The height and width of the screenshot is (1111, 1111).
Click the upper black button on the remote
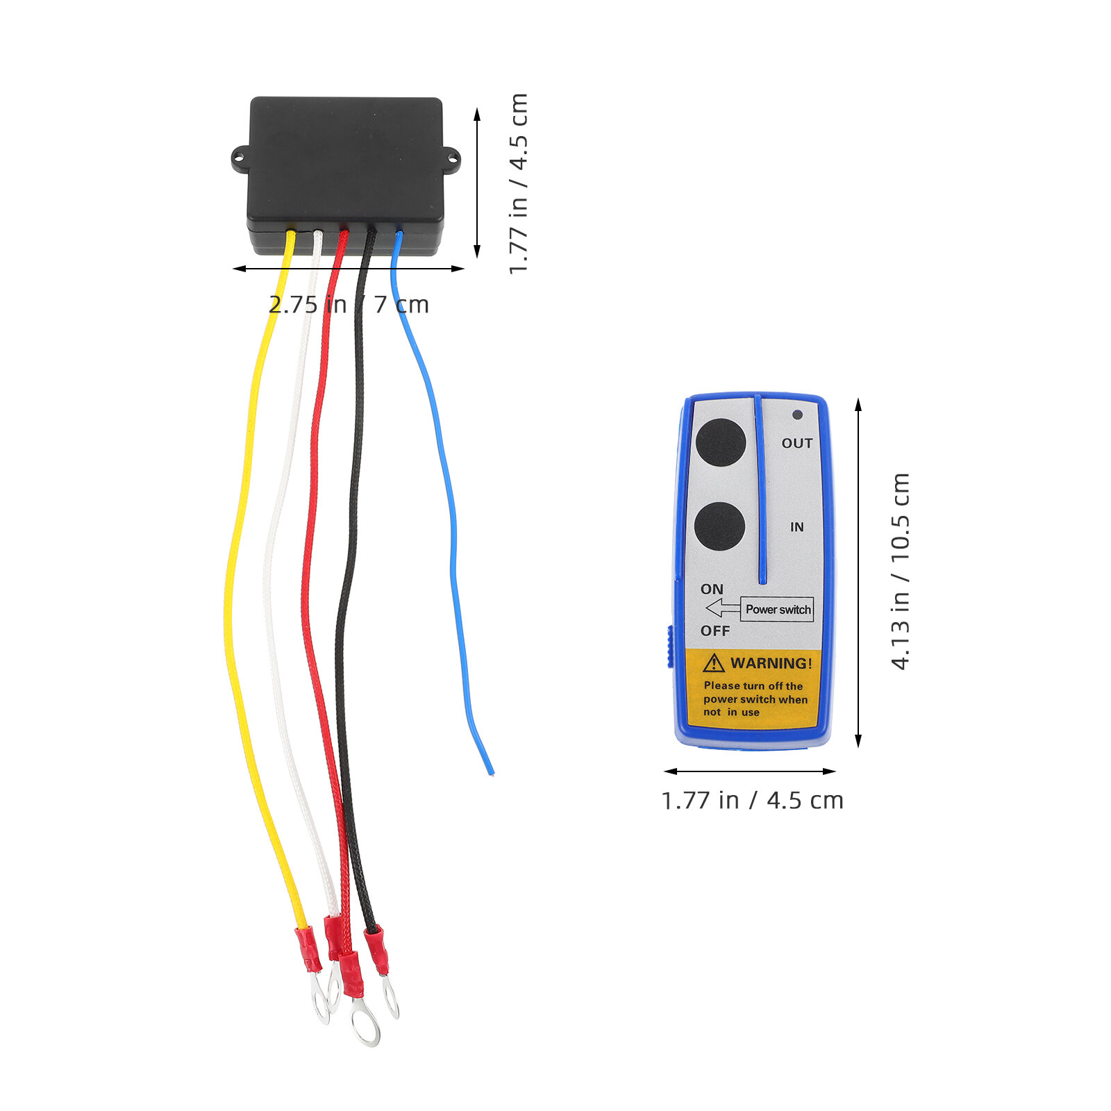[x=721, y=442]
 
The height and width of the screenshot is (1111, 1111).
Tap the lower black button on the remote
[x=719, y=526]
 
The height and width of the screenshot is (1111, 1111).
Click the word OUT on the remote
[x=797, y=443]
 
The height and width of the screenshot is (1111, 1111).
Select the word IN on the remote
[x=796, y=527]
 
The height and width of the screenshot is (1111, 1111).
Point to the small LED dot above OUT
[x=797, y=415]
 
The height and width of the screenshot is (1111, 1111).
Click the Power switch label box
[x=777, y=609]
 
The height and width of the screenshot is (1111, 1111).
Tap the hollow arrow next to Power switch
[x=723, y=609]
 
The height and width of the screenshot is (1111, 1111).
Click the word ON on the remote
[x=712, y=589]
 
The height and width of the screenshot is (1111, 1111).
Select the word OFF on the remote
[x=715, y=630]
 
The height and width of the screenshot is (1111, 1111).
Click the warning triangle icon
[x=713, y=663]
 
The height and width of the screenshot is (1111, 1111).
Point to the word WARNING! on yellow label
[x=771, y=663]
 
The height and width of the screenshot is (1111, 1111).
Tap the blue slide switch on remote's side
[x=671, y=646]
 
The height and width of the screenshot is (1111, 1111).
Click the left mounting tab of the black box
[x=240, y=159]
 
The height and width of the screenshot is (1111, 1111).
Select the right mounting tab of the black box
[x=451, y=159]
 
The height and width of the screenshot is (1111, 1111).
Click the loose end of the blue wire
[x=492, y=772]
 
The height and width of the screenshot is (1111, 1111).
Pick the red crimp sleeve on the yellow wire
[x=308, y=949]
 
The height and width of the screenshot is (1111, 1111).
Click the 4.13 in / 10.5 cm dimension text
[x=900, y=571]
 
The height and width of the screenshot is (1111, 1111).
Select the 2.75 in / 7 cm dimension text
[x=349, y=304]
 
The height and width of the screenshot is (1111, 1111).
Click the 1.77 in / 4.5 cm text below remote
[x=752, y=800]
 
